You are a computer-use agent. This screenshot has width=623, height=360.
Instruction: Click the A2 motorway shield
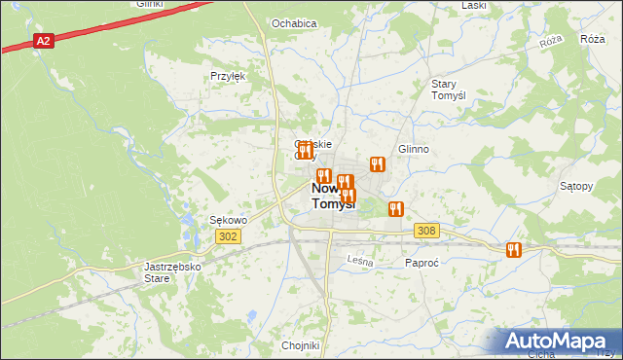[43, 41]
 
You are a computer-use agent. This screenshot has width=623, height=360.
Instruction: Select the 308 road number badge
[426, 231]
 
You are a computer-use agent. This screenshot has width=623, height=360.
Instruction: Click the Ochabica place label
[294, 22]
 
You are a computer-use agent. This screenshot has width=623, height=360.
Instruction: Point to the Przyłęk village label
[227, 75]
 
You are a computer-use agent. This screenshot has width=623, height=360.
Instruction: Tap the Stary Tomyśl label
[451, 90]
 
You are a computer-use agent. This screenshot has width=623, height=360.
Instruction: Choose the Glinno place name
[413, 149]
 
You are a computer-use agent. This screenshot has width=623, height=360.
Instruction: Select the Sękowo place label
[229, 220]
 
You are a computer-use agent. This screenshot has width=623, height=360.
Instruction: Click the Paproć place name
[423, 263]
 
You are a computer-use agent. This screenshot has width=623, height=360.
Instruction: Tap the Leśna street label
[360, 260]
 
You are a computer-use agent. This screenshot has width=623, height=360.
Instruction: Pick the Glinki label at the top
[149, 4]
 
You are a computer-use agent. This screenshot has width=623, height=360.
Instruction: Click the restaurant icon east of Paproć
[513, 250]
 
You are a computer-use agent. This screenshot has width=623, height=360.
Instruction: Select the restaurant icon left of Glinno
[376, 164]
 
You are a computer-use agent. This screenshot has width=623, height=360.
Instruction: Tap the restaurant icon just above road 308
[395, 208]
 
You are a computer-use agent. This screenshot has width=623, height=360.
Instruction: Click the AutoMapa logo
[559, 342]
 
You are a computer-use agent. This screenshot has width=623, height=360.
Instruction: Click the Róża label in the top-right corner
[592, 39]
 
